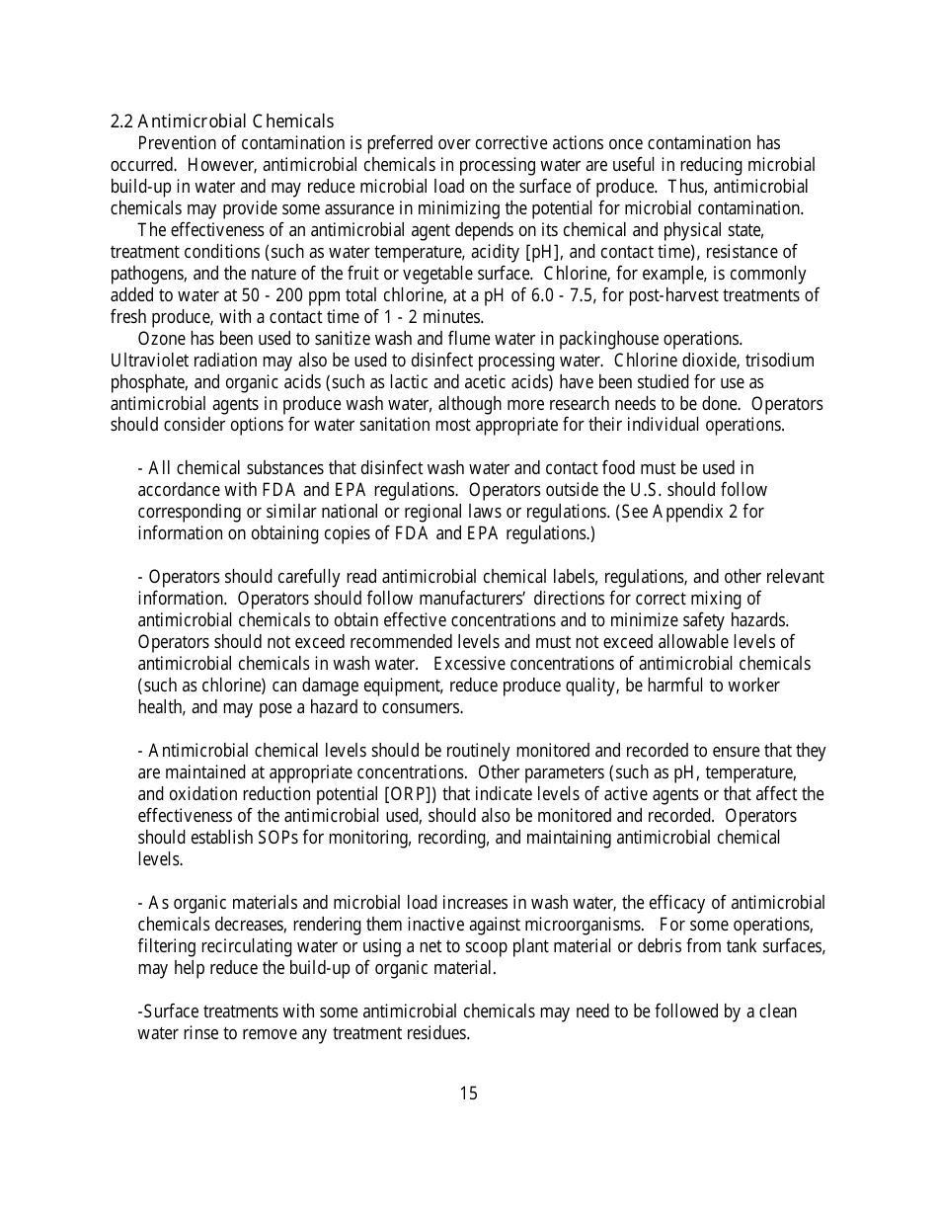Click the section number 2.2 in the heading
[121, 121]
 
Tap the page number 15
[468, 1093]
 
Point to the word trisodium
[780, 361]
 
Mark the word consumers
[426, 707]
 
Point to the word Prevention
[178, 143]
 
